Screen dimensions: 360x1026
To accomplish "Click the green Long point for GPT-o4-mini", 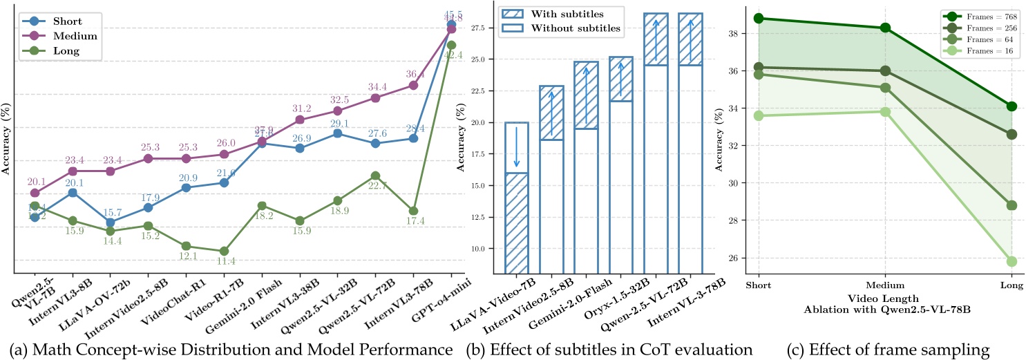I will point(451,45).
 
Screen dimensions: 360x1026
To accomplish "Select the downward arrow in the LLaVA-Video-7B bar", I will point(516,146).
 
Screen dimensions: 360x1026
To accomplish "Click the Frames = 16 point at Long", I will point(1011,261).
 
